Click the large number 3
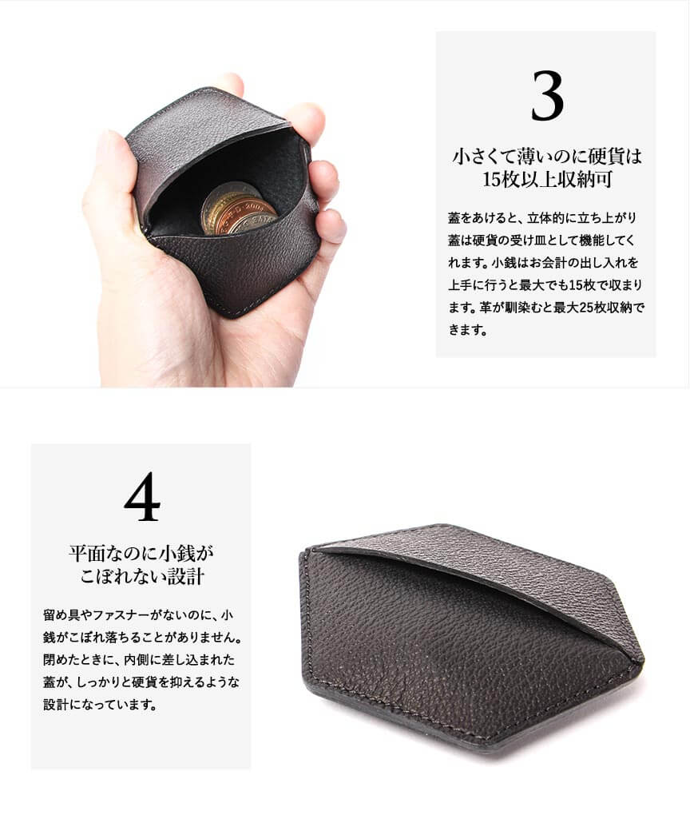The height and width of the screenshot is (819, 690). (547, 96)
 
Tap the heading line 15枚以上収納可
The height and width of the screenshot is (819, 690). (546, 179)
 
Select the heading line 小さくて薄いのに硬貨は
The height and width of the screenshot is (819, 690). (546, 156)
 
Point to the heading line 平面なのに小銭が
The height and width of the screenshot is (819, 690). (141, 553)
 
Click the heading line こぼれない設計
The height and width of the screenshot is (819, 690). (141, 577)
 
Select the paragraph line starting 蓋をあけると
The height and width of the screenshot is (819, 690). (541, 218)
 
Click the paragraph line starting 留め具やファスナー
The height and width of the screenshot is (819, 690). (138, 614)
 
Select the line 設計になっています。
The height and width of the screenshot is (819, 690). (100, 705)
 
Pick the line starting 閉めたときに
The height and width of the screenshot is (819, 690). (139, 660)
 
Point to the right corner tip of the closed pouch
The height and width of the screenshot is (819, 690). (644, 662)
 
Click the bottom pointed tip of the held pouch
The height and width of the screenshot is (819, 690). (232, 316)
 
